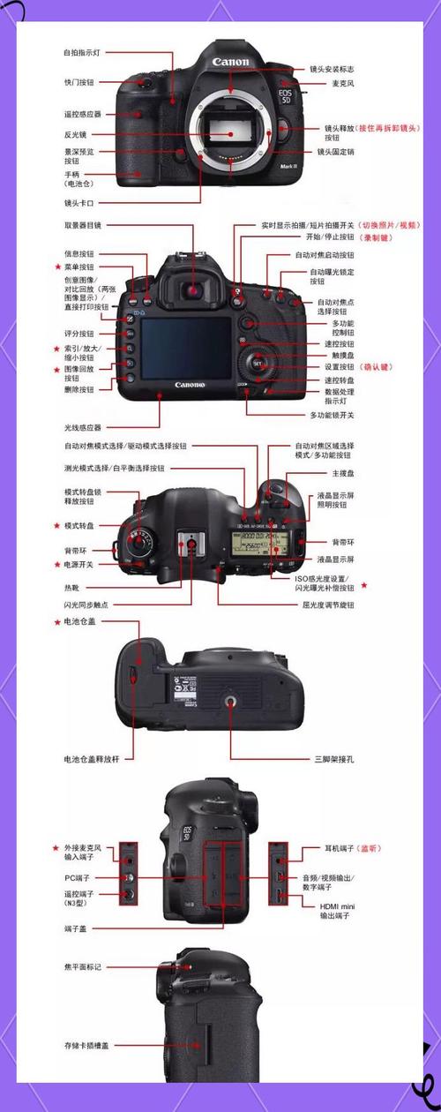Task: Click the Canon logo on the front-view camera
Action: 231,62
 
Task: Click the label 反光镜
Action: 74,134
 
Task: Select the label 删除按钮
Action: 78,388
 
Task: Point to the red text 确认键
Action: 375,367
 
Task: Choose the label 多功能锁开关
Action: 333,415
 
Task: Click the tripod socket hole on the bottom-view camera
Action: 232,702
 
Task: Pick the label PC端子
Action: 78,878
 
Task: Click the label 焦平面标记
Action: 82,967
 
